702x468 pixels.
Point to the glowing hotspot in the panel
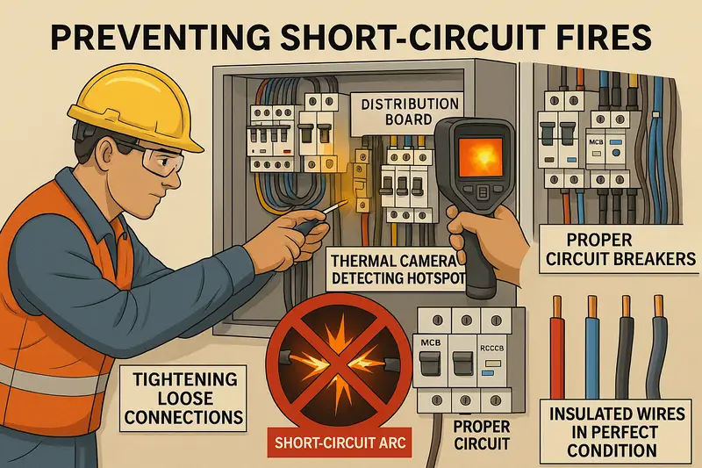pyautogui.click(x=360, y=204)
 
